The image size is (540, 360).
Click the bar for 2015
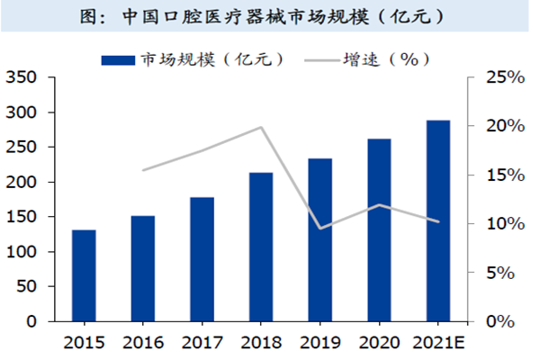[84, 275]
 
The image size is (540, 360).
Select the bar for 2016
[142, 268]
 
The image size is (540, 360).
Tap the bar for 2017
[202, 259]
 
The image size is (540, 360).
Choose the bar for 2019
[319, 239]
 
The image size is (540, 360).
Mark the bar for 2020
[379, 229]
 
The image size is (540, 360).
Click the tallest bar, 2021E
[438, 220]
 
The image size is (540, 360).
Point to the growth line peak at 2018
[261, 127]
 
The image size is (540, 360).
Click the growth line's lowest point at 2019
[319, 229]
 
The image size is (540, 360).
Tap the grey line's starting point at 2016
[142, 170]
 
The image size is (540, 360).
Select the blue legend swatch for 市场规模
[116, 60]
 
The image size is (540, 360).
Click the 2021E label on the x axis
[438, 343]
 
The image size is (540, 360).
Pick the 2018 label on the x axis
[261, 343]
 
